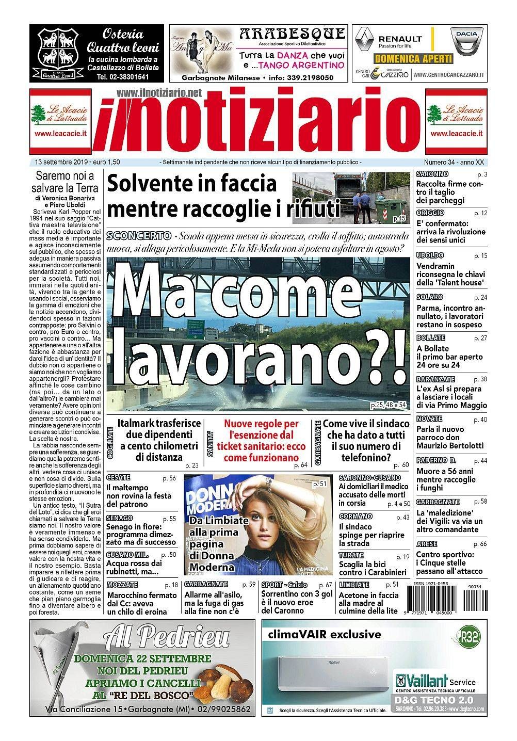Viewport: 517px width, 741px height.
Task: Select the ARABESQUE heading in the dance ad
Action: tap(292, 35)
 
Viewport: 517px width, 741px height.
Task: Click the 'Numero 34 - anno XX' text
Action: tap(453, 162)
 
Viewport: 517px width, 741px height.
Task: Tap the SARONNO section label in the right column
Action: tap(432, 174)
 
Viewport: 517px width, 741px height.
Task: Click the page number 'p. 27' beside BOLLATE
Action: tap(480, 338)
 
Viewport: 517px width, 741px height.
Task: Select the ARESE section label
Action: tap(427, 544)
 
